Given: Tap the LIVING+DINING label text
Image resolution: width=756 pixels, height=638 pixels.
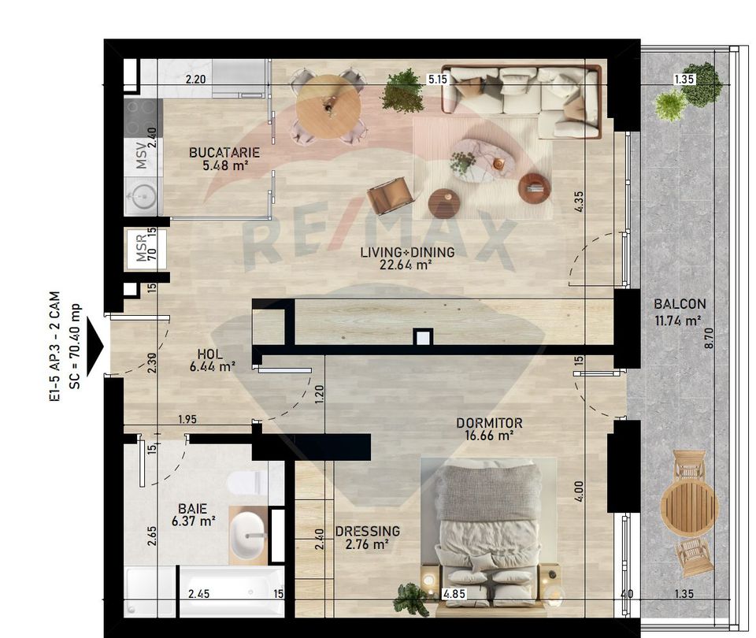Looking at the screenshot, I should [406, 253].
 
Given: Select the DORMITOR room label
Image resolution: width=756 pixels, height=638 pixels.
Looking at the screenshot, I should [489, 423].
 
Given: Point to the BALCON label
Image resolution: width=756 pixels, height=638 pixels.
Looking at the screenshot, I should [679, 304].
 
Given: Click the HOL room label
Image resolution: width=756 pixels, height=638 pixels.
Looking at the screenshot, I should [209, 354].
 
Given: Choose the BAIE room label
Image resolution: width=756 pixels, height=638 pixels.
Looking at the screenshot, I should [192, 509].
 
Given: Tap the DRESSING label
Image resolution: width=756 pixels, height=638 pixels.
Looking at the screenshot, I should [368, 532].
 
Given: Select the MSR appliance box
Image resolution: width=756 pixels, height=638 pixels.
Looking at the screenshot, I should [143, 249].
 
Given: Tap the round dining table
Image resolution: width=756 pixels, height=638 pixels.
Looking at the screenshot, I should [328, 106].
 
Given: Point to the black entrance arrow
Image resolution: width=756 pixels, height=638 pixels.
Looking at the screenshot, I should [96, 346].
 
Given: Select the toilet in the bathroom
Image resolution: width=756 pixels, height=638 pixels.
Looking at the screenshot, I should [246, 483].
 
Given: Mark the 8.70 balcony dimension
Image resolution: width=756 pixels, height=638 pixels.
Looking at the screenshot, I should [732, 339].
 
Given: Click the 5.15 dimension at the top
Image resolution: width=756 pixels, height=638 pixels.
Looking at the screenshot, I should [437, 80].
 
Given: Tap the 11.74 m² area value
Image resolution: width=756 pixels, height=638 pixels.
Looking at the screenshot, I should [678, 321].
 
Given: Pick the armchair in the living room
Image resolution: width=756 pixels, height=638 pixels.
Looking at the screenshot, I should [391, 195].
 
